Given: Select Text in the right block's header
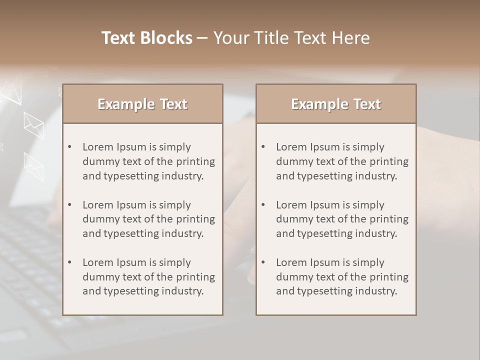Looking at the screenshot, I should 367,104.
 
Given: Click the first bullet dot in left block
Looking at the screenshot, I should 69,147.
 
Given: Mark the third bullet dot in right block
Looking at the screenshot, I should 263,262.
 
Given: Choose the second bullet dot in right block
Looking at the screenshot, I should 263,205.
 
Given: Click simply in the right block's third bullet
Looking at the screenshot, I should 368,262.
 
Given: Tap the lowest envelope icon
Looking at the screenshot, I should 33,166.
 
